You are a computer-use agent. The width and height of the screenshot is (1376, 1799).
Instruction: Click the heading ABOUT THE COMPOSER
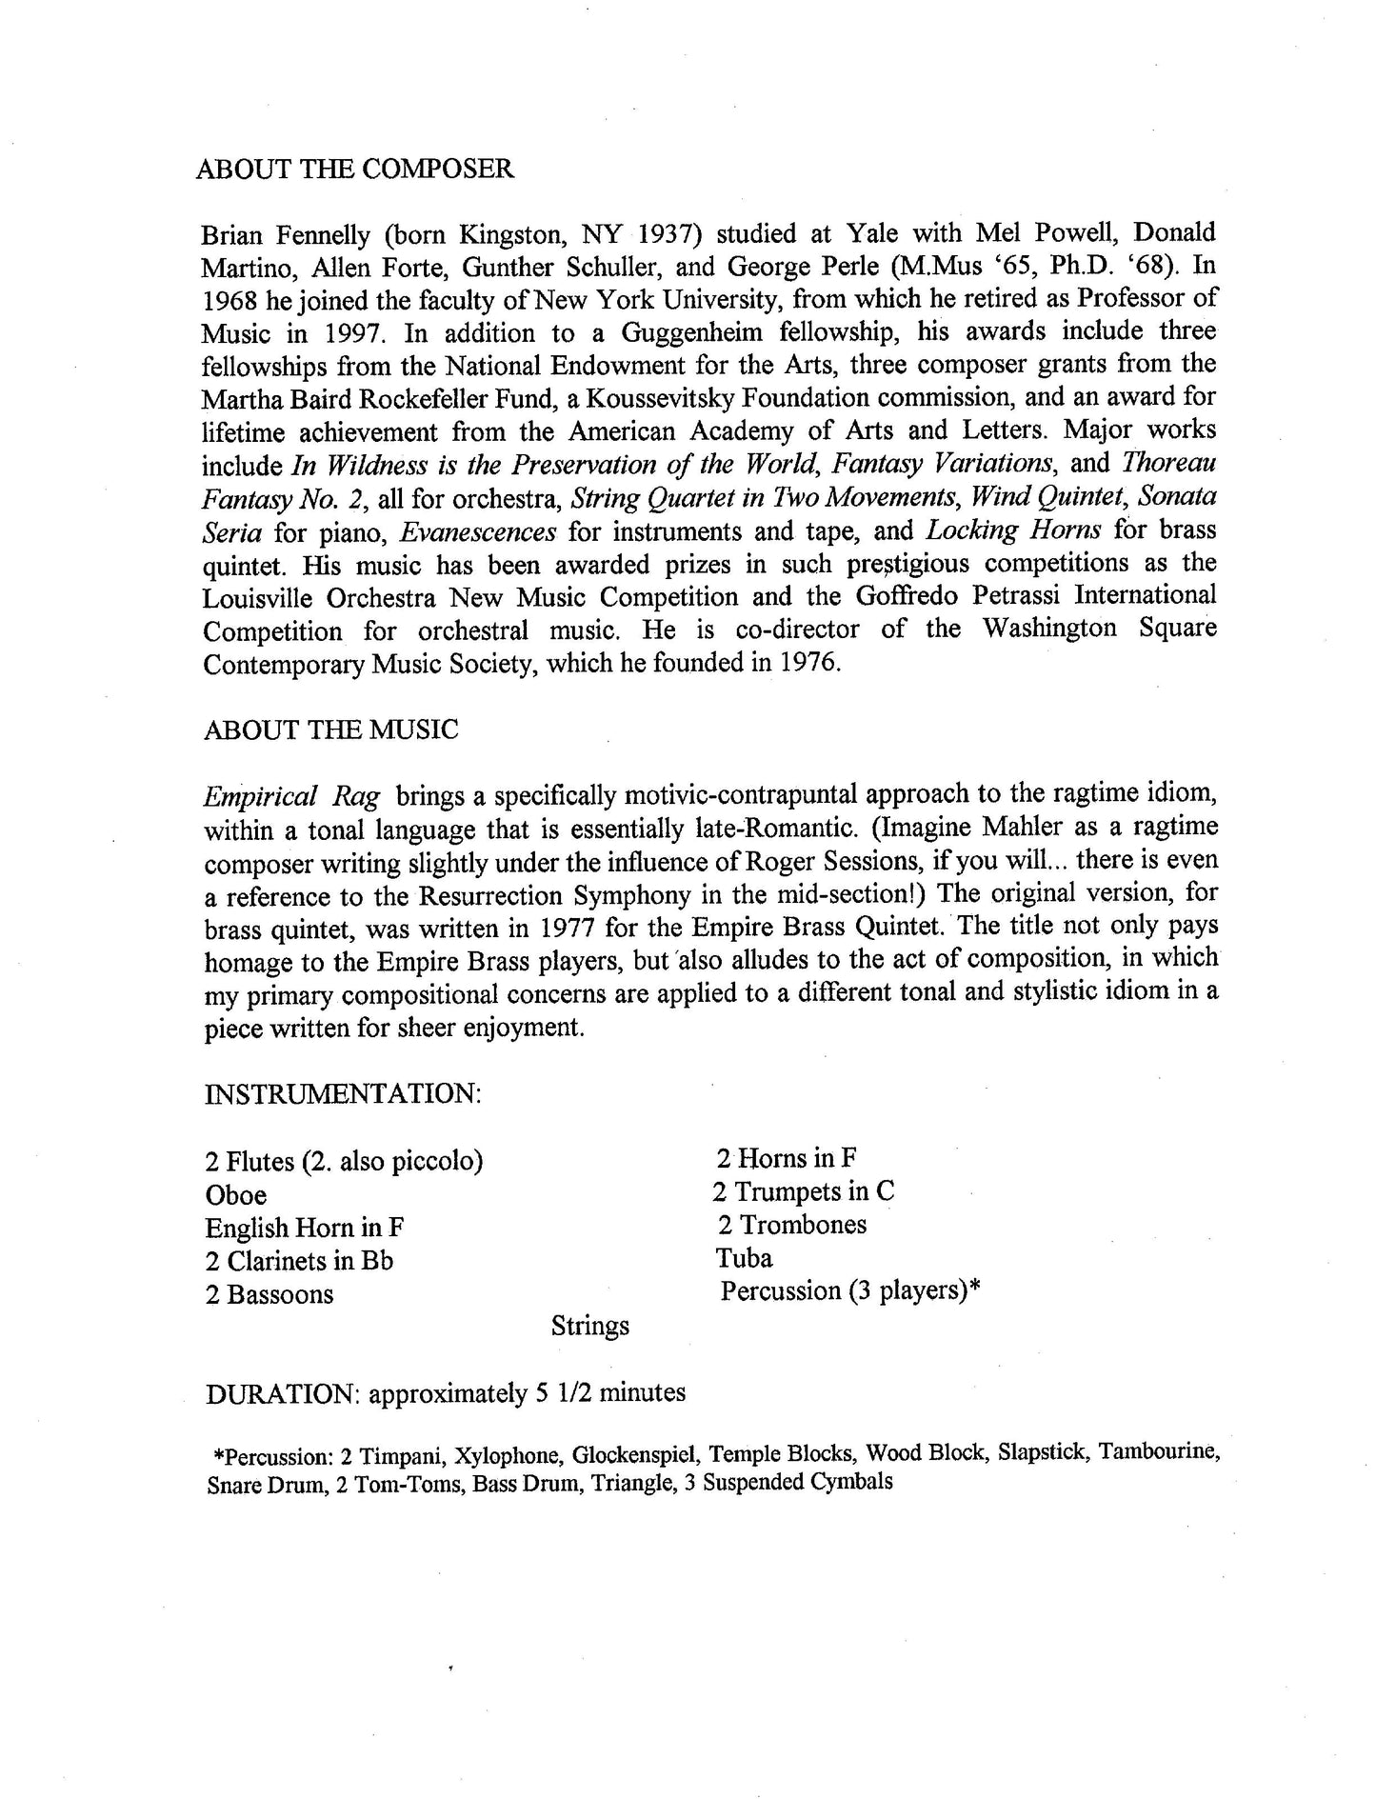[x=354, y=170]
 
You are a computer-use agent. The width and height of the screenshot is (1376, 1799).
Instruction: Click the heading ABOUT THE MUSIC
[x=330, y=730]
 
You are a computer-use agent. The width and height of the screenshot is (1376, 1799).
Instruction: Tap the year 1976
[x=809, y=663]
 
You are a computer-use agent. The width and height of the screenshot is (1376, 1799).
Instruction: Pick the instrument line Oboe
[x=236, y=1195]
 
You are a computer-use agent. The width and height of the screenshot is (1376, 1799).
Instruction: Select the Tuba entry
[x=744, y=1259]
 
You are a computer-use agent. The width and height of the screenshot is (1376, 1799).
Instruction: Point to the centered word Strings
[x=590, y=1326]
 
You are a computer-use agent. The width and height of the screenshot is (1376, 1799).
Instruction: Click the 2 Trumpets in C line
[x=803, y=1192]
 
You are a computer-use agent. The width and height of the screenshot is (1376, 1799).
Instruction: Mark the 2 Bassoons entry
[x=269, y=1295]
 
